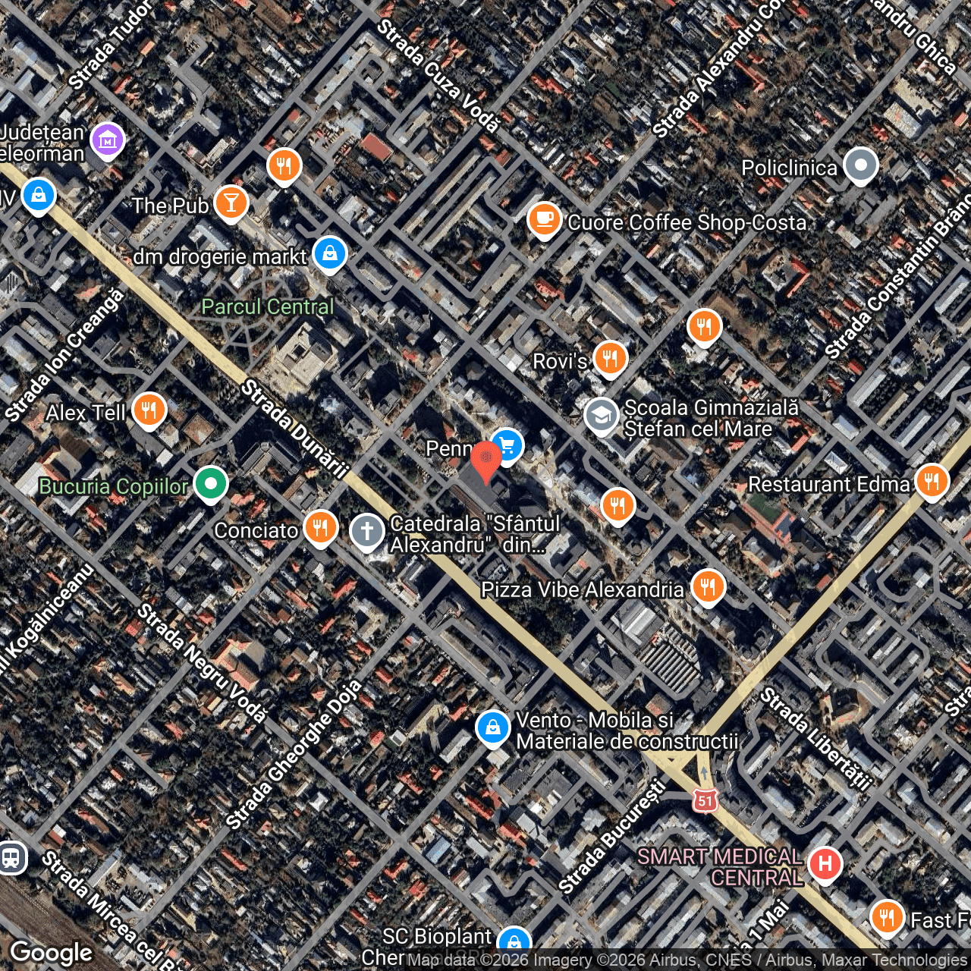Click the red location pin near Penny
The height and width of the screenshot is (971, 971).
(x=485, y=459)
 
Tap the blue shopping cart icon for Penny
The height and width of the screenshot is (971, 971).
(x=507, y=445)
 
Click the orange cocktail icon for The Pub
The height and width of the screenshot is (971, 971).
(x=231, y=203)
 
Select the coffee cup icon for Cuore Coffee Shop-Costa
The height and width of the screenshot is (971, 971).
(x=544, y=220)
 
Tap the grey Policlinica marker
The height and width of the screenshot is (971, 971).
(x=860, y=165)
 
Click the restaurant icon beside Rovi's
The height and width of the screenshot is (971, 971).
(x=610, y=358)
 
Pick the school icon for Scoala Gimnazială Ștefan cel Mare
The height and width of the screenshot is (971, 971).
(x=602, y=416)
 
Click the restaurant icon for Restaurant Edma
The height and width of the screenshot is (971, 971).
(x=932, y=481)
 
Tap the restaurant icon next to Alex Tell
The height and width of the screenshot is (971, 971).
(x=149, y=410)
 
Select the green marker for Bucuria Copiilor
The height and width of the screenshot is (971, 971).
(x=211, y=483)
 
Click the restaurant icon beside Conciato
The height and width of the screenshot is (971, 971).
(x=321, y=526)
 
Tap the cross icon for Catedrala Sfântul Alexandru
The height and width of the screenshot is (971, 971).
(x=368, y=530)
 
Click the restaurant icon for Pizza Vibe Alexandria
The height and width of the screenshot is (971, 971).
(x=708, y=586)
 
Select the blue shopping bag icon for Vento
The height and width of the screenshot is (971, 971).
(x=492, y=727)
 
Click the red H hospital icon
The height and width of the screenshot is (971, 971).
(x=825, y=863)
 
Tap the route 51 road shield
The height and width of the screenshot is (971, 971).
(x=705, y=800)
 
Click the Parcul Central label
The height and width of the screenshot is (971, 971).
(x=267, y=306)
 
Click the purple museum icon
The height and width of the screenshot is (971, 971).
(x=108, y=140)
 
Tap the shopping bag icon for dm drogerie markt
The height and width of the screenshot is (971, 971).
(x=329, y=253)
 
